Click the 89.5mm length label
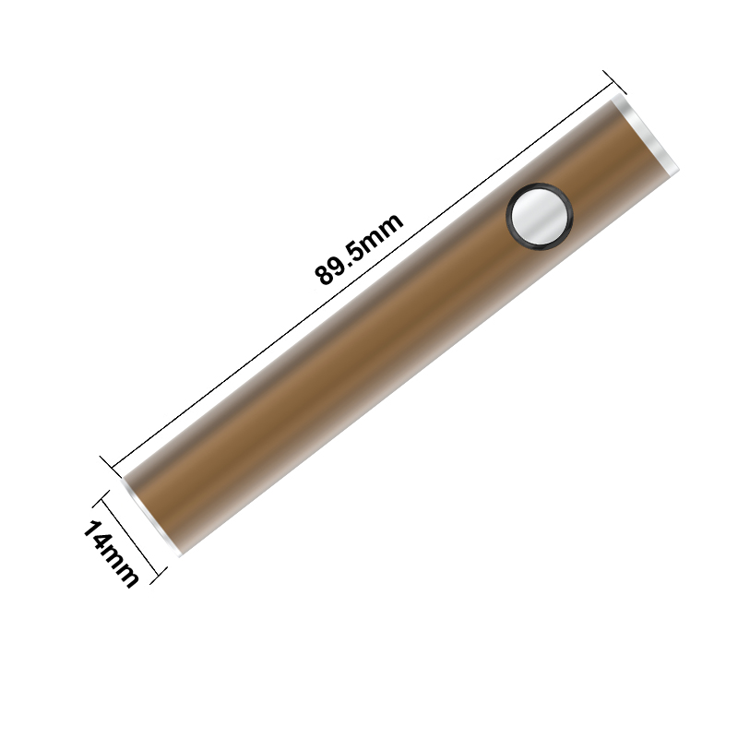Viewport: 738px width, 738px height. [359, 248]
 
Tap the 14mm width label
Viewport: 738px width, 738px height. [111, 554]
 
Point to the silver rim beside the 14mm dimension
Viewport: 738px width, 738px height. [150, 517]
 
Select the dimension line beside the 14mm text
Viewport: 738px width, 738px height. [129, 537]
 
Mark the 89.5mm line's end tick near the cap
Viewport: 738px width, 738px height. [614, 82]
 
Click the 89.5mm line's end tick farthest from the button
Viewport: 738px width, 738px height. [112, 468]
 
